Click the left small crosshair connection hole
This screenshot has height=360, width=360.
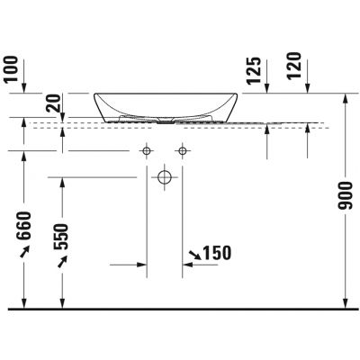point(146,148)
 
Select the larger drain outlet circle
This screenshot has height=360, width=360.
point(165,177)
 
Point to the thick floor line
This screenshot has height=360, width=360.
point(180,309)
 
